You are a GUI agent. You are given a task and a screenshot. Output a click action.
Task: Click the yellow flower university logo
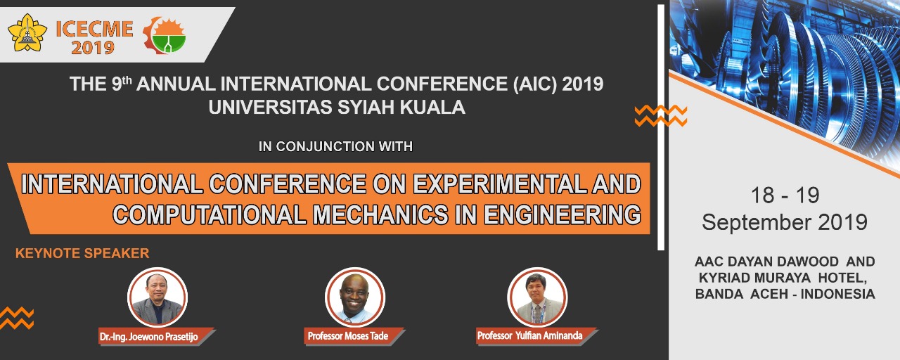tap(27, 32)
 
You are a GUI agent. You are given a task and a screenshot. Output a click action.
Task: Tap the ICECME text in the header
tap(94, 29)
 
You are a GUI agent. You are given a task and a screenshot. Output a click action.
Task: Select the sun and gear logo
tap(165, 35)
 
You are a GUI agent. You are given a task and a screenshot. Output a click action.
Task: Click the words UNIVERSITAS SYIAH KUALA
tap(337, 108)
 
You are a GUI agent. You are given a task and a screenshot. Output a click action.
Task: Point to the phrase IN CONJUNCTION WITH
tap(336, 146)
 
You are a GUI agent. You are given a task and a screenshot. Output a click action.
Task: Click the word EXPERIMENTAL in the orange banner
tap(499, 184)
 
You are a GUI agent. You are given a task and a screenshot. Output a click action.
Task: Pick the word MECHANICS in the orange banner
tap(380, 214)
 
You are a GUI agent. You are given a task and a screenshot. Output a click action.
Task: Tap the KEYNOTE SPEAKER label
tap(82, 253)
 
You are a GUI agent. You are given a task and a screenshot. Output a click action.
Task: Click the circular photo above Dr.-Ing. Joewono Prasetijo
tap(157, 297)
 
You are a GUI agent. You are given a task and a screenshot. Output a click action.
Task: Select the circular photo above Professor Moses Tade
tap(355, 297)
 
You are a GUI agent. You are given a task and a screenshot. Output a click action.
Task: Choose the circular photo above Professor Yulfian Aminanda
tap(538, 297)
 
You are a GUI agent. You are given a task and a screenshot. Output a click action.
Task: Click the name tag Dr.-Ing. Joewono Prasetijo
tap(156, 337)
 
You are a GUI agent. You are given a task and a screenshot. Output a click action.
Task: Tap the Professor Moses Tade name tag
tap(354, 336)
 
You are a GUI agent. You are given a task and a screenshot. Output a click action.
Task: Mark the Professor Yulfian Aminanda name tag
tap(536, 336)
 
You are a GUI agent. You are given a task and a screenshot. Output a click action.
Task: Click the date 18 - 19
tap(785, 195)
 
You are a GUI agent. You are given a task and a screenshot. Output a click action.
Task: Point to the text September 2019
tap(785, 222)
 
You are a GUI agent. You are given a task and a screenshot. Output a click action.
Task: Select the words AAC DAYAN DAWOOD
tap(766, 262)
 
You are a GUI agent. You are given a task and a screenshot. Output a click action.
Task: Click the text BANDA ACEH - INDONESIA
tap(785, 294)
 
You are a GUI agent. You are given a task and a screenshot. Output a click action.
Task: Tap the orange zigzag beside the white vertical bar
tap(660, 116)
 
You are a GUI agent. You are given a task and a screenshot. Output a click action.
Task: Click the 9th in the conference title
tap(122, 83)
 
